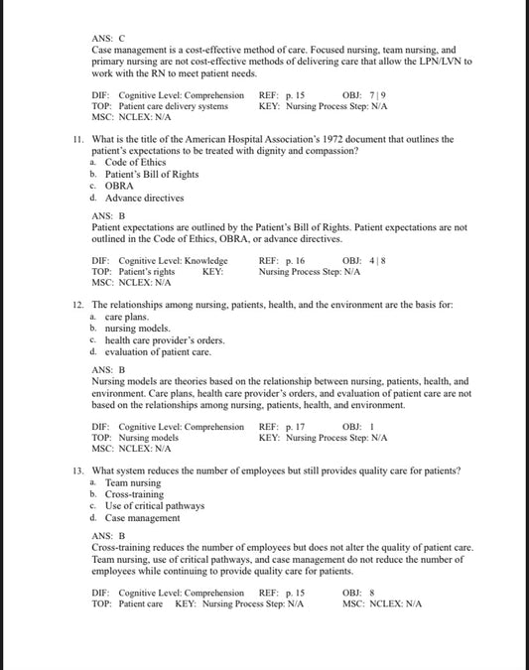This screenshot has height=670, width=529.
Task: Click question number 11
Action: pyautogui.click(x=78, y=140)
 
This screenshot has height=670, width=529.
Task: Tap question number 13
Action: pyautogui.click(x=78, y=469)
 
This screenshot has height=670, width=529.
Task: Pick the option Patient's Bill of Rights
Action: pyautogui.click(x=151, y=175)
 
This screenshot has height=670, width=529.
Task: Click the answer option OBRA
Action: pyautogui.click(x=119, y=186)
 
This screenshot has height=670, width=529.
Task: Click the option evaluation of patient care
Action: pyautogui.click(x=157, y=351)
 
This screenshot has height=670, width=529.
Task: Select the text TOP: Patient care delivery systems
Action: pyautogui.click(x=159, y=105)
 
